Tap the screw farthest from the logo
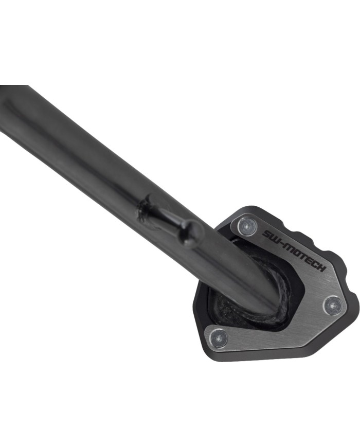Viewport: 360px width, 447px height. pos(219,338)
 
